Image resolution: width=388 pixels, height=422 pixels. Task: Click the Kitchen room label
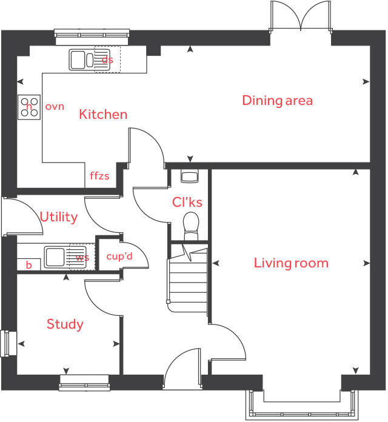103,114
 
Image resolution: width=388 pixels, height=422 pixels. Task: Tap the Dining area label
277,100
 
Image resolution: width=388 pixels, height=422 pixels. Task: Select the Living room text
291,263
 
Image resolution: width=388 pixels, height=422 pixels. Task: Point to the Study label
65,324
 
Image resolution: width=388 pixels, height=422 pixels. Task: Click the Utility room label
58,216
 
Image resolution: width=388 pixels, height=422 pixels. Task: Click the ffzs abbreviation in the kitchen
99,176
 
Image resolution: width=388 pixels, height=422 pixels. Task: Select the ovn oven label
55,107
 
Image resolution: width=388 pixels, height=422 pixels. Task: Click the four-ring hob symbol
29,107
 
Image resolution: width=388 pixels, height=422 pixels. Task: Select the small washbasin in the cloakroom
190,176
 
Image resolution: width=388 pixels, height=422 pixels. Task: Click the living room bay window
301,403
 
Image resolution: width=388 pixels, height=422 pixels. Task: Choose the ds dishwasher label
107,59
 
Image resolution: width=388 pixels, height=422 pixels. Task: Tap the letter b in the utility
28,264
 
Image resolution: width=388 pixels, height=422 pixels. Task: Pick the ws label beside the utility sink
82,257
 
